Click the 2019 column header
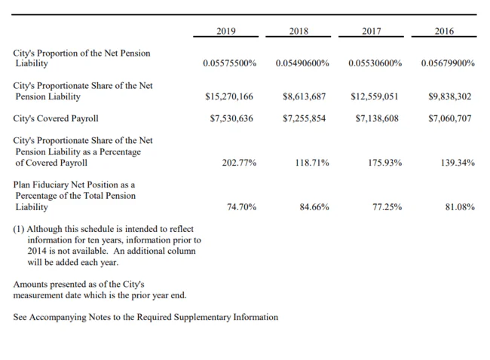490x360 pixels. click(x=226, y=31)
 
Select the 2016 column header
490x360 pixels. click(x=444, y=31)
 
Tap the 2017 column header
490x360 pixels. click(x=371, y=31)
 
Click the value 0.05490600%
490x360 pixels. click(x=302, y=63)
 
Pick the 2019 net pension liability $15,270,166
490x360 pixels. click(x=229, y=96)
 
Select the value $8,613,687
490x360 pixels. click(x=304, y=96)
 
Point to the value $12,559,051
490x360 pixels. click(x=375, y=96)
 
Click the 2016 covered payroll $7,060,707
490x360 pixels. click(x=450, y=119)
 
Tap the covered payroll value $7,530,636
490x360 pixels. click(x=231, y=119)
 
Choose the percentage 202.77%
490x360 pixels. click(x=239, y=163)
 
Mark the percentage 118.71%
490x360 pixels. click(x=312, y=163)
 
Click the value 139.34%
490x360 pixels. click(x=458, y=163)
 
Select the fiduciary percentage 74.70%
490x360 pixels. click(x=241, y=207)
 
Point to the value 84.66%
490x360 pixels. click(x=314, y=207)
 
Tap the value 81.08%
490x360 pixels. click(x=460, y=207)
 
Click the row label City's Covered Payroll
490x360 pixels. click(x=56, y=119)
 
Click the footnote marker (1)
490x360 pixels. click(x=18, y=229)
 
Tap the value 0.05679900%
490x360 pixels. click(x=448, y=63)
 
